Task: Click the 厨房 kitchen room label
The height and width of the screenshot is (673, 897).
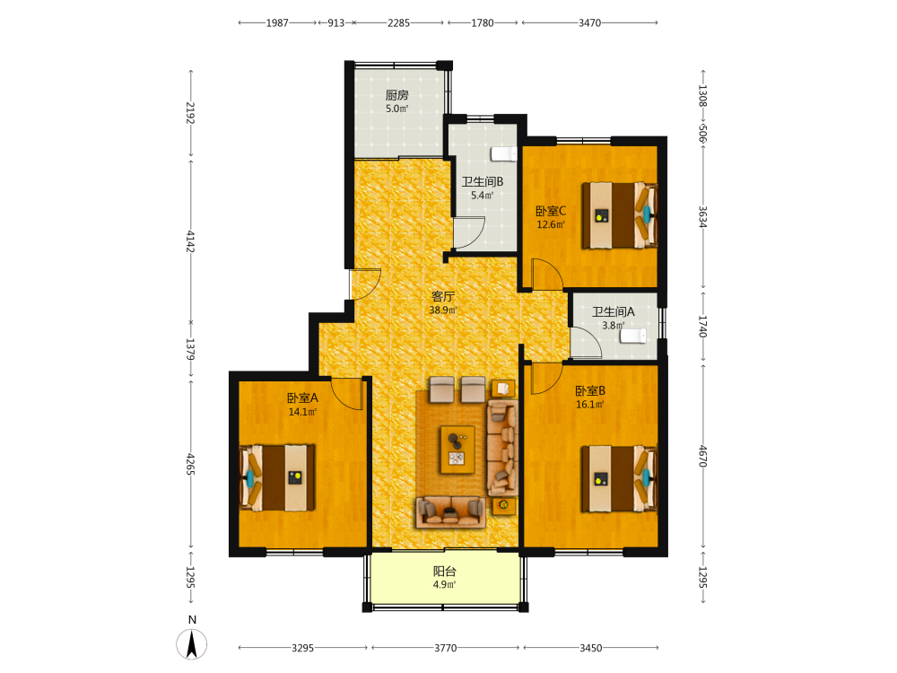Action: coord(396,95)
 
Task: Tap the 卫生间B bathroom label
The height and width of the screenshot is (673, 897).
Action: coord(483,182)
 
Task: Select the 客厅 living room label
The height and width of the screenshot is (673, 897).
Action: coord(443,296)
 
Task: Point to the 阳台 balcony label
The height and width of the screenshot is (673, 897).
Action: coord(445,571)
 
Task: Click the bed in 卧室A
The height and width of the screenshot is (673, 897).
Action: coord(277,478)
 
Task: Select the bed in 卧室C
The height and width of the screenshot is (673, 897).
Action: coord(620,215)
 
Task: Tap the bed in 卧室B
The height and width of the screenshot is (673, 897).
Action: coord(620,478)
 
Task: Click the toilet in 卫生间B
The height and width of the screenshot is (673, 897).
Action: coord(504,154)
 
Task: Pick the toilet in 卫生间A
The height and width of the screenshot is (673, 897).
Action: coord(633,336)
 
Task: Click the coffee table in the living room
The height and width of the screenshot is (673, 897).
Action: coord(457,450)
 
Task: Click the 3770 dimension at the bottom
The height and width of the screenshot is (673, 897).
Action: coord(446,648)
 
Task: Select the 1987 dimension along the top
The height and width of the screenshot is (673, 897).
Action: coord(277,23)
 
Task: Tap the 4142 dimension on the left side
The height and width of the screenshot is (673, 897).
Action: coord(190,241)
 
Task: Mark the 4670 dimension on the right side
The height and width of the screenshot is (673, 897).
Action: coord(703,456)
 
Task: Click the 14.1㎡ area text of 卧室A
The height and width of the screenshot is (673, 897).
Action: coord(302,412)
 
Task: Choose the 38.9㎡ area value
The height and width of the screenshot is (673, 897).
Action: coord(443,310)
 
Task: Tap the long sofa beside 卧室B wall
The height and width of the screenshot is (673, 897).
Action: coord(503,448)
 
